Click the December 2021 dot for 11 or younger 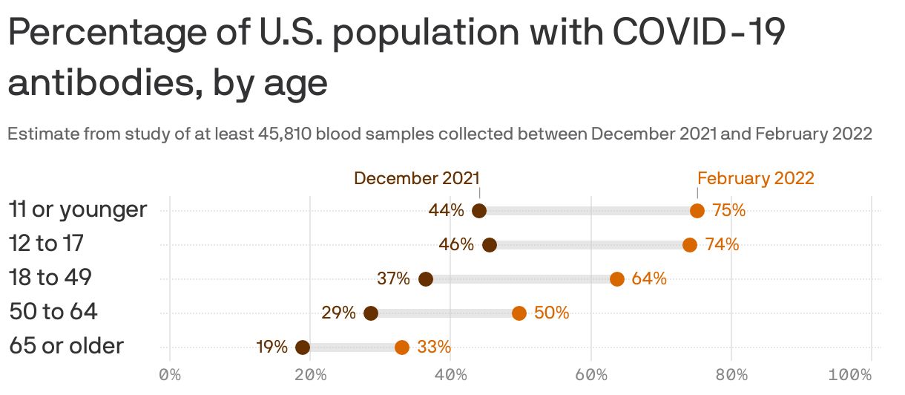pyautogui.click(x=479, y=211)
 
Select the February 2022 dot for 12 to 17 pyautogui.click(x=690, y=245)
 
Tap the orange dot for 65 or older pyautogui.click(x=402, y=347)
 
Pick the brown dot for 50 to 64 pyautogui.click(x=371, y=313)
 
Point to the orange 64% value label pyautogui.click(x=649, y=279)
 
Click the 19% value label pyautogui.click(x=272, y=347)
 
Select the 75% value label pyautogui.click(x=728, y=211)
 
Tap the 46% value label pyautogui.click(x=456, y=244)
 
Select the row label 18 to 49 pyautogui.click(x=50, y=278)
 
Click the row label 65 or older pyautogui.click(x=66, y=346)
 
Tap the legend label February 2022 pyautogui.click(x=755, y=178)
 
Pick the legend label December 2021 pyautogui.click(x=416, y=178)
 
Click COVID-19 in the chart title pyautogui.click(x=700, y=34)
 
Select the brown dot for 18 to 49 pyautogui.click(x=426, y=279)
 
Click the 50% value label pyautogui.click(x=551, y=313)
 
